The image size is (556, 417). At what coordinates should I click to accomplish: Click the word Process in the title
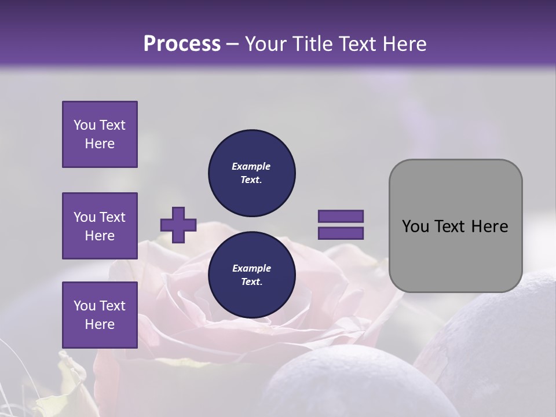pyautogui.click(x=182, y=44)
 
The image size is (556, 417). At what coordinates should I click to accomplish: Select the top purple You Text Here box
pyautogui.click(x=100, y=134)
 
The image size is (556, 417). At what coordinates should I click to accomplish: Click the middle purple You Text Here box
pyautogui.click(x=100, y=226)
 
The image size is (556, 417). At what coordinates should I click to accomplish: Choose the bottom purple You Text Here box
pyautogui.click(x=100, y=315)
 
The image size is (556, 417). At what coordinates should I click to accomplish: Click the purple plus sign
pyautogui.click(x=178, y=225)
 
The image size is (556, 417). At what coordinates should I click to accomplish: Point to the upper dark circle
pyautogui.click(x=251, y=173)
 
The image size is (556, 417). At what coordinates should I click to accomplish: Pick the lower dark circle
pyautogui.click(x=251, y=275)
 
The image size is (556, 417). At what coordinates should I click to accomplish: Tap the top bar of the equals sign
pyautogui.click(x=341, y=216)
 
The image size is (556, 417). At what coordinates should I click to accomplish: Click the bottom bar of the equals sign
pyautogui.click(x=341, y=233)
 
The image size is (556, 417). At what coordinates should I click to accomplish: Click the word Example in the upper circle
pyautogui.click(x=251, y=166)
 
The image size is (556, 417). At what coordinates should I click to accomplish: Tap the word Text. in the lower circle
pyautogui.click(x=251, y=282)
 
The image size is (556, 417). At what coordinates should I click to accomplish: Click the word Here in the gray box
pyautogui.click(x=490, y=226)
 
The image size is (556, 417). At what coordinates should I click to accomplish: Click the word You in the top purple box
pyautogui.click(x=84, y=125)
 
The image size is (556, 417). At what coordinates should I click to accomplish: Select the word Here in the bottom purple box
pyautogui.click(x=100, y=324)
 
